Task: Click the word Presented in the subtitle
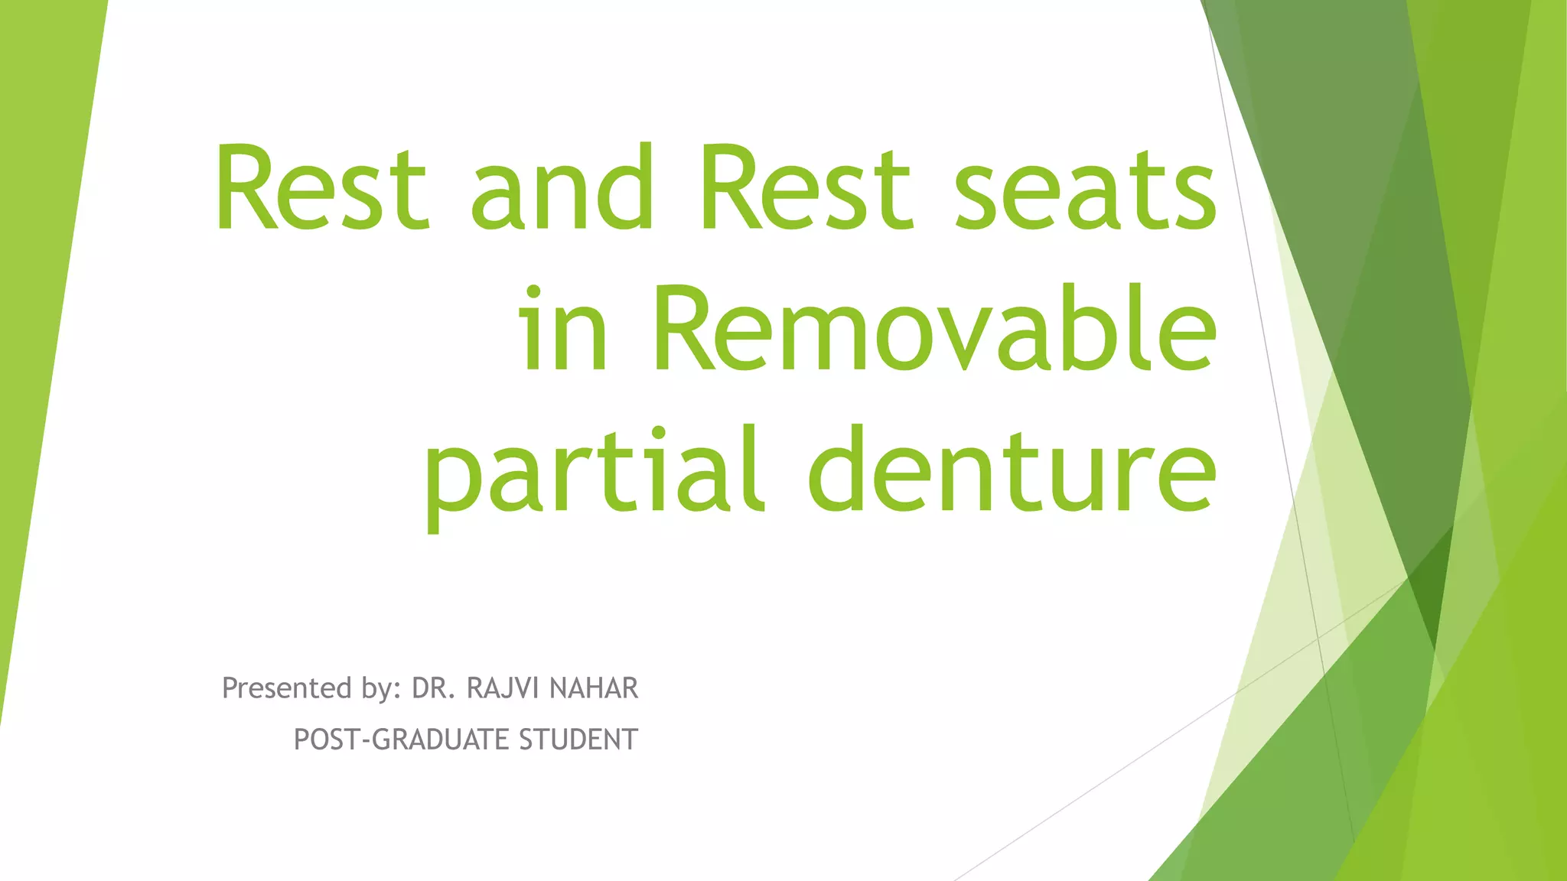coord(287,688)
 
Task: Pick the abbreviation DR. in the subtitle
coord(434,688)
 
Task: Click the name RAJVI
coord(503,688)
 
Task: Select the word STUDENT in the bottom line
coord(578,740)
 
